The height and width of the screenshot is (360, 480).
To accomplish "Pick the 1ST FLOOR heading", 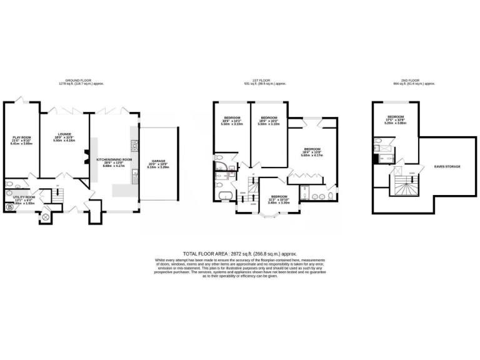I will pos(260,81).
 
